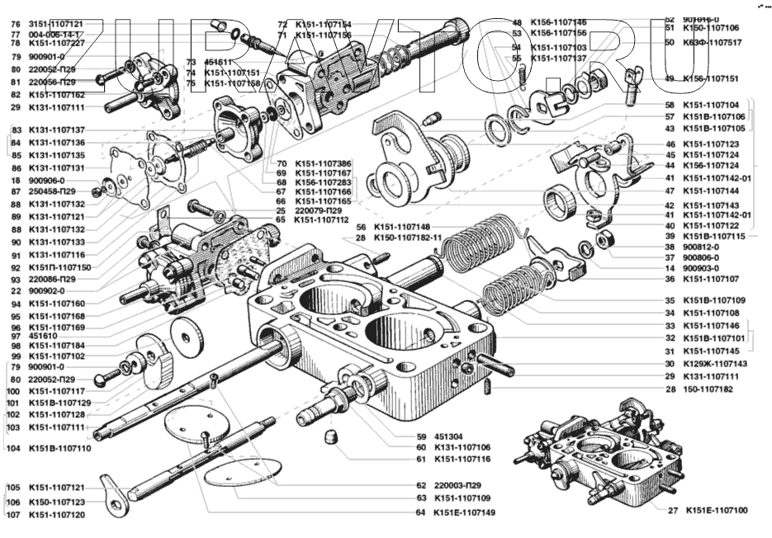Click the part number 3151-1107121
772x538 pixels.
click(56, 24)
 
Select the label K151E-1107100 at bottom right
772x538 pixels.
click(717, 511)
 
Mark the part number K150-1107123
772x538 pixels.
click(56, 502)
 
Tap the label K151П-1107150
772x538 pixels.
click(59, 267)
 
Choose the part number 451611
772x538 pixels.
click(220, 62)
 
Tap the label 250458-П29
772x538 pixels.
click(51, 191)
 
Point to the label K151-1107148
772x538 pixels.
click(402, 227)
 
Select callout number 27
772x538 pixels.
click(671, 511)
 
